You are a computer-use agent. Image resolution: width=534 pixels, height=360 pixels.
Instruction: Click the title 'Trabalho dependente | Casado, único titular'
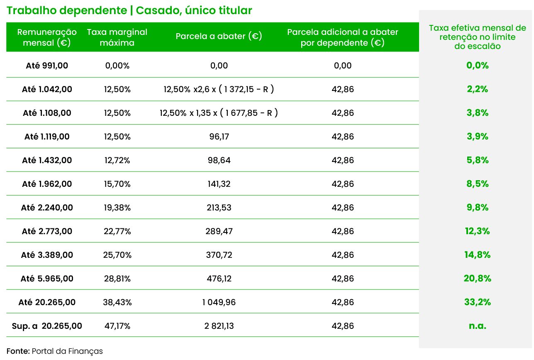(129, 10)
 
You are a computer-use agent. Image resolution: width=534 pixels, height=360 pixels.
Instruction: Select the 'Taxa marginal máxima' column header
(117, 37)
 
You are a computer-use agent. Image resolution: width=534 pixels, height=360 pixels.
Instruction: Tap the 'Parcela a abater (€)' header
(219, 37)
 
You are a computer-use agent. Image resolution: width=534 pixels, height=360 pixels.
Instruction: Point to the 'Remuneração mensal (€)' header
(47, 37)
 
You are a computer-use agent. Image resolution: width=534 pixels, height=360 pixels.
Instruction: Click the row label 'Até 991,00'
(47, 66)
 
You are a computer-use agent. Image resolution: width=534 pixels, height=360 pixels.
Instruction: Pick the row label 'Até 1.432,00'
(47, 160)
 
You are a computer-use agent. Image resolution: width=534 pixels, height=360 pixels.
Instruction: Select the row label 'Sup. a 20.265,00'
(47, 326)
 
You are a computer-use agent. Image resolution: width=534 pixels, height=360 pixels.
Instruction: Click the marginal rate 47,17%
(117, 326)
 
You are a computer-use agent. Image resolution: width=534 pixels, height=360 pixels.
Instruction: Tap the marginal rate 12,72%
(117, 160)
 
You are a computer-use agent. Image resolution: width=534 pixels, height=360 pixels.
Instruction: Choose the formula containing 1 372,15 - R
(219, 89)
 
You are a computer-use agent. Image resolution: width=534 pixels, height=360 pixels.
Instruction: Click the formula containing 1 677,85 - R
(219, 113)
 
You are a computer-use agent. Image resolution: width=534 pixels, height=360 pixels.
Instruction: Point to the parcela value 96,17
(219, 137)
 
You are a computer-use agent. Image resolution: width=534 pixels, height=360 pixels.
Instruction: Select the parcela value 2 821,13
(219, 326)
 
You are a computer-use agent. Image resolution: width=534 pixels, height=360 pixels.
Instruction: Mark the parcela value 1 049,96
(219, 302)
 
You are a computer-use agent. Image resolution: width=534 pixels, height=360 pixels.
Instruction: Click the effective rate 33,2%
(477, 302)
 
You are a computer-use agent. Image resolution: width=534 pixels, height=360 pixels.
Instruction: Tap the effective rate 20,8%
(477, 279)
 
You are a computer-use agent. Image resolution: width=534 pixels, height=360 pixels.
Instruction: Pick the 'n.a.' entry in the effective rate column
(477, 326)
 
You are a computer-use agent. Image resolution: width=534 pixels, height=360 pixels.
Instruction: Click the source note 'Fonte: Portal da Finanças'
(54, 351)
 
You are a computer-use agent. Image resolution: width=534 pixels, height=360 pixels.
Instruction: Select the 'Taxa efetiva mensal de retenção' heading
(477, 37)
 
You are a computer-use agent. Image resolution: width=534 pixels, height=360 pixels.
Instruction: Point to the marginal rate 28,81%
(117, 279)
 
